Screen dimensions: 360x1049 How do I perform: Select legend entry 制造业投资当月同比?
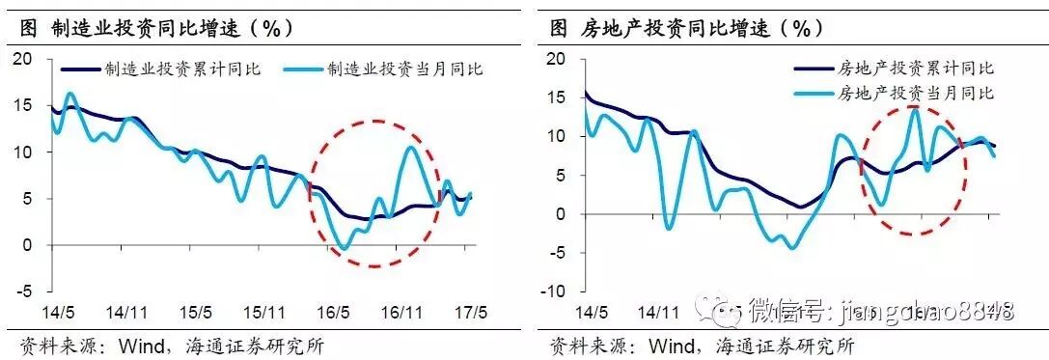pos(405,69)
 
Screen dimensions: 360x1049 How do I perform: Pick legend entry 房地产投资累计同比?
pos(916,69)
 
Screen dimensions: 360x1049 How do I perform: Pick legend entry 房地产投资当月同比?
pos(916,94)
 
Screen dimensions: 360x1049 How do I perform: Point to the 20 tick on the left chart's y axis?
pos(23,60)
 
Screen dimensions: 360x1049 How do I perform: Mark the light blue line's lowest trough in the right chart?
pos(791,248)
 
